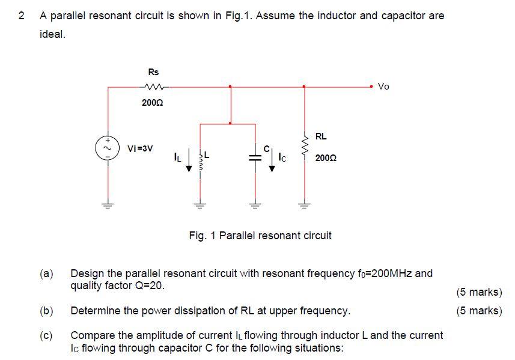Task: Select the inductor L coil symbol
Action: [x=199, y=160]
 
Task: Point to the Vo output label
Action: [x=384, y=87]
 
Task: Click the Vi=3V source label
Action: [x=140, y=148]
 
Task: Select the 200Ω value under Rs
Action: [x=152, y=103]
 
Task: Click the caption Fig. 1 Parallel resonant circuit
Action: [x=260, y=236]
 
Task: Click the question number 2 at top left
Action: [x=22, y=16]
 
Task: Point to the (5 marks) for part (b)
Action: [x=478, y=311]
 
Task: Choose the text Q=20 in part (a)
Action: [x=148, y=285]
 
